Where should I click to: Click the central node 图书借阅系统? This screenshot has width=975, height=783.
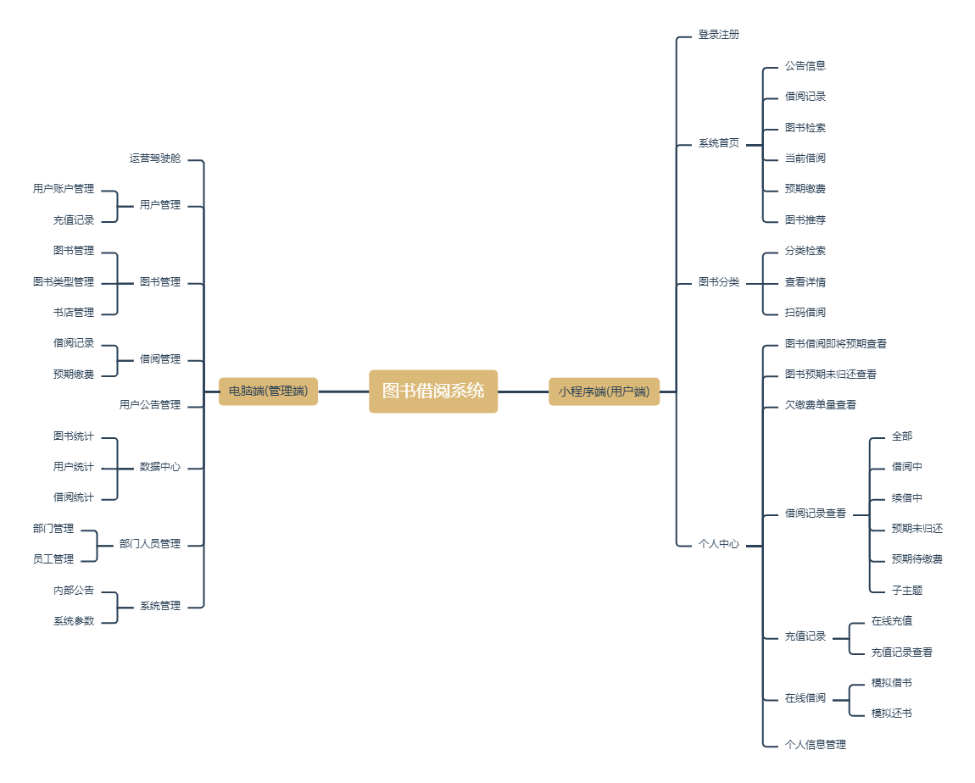(x=432, y=391)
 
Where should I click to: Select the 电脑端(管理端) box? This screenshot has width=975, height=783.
(x=268, y=391)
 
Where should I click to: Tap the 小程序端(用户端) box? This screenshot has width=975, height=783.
(x=604, y=391)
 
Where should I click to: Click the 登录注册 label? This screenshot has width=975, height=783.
(x=718, y=35)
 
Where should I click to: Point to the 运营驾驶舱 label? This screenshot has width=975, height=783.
(x=155, y=158)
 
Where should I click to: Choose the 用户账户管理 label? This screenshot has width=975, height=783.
(x=64, y=189)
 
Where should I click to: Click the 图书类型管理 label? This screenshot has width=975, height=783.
(x=64, y=282)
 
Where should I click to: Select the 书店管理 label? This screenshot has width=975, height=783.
(x=74, y=313)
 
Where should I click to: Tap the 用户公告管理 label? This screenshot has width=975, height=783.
(x=150, y=405)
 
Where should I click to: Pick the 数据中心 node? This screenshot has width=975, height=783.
(x=160, y=467)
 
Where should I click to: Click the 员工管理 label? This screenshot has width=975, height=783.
(x=53, y=559)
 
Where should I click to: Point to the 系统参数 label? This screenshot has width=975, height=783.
(x=74, y=621)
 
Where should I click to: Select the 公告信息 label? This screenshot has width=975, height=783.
(x=805, y=65)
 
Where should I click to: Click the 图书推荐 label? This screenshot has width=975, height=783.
(x=805, y=220)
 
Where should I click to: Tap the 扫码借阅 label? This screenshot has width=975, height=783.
(x=805, y=313)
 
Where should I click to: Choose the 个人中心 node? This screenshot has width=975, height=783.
(x=718, y=544)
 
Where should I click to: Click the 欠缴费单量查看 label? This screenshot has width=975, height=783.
(x=820, y=405)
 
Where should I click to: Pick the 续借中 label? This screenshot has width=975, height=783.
(x=906, y=498)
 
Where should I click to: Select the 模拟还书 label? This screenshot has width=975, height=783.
(x=891, y=714)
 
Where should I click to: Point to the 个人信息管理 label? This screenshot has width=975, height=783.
(x=815, y=745)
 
